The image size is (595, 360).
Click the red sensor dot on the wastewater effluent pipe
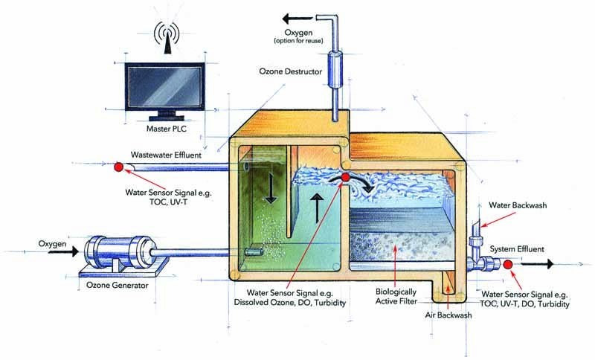tap(118, 167)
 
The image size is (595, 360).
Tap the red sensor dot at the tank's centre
tap(346, 177)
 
